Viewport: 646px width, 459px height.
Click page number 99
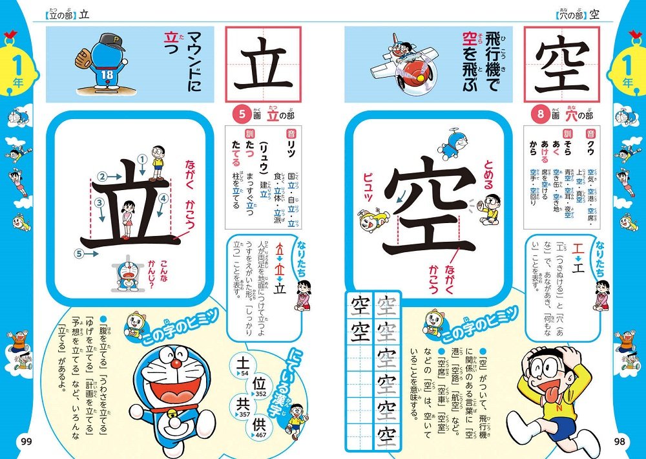pos(26,442)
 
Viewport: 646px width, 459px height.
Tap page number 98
pos(619,442)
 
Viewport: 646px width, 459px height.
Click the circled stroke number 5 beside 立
pos(79,254)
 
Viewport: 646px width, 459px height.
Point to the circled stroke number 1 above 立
pos(141,158)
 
